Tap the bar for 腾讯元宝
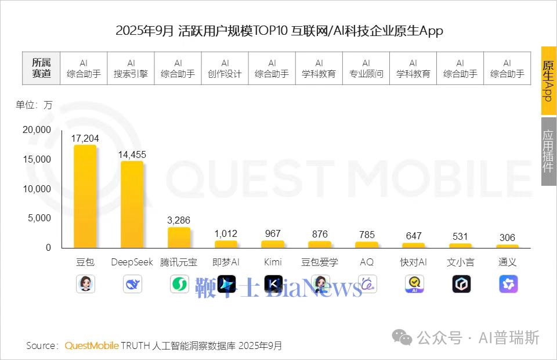[179, 237]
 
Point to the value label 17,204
[85, 138]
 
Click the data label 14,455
[132, 154]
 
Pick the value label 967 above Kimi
[273, 233]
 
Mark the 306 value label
[507, 237]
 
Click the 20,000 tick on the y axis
[37, 130]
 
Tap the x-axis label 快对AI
[414, 262]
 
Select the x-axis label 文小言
[461, 262]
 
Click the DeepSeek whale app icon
[132, 285]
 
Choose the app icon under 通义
[508, 284]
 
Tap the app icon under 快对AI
[414, 284]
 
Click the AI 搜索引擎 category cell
[131, 69]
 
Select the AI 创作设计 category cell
[225, 69]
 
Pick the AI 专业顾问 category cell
[366, 69]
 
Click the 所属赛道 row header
[41, 69]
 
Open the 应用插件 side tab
[548, 151]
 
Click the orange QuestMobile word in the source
[92, 346]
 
